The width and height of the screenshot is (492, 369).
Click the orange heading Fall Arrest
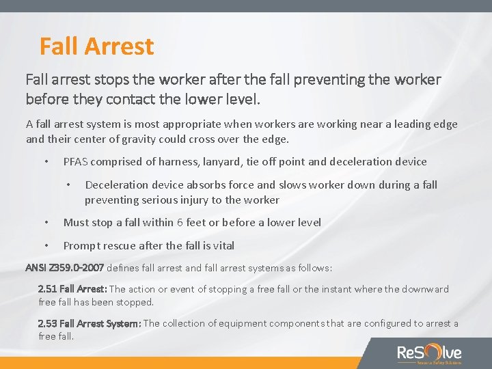click(x=96, y=46)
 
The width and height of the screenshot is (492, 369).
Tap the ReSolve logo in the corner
click(x=429, y=353)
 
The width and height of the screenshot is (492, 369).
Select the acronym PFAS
click(x=77, y=162)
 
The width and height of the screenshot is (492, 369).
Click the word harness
click(x=169, y=162)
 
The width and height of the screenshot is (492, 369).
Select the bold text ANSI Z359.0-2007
click(x=64, y=267)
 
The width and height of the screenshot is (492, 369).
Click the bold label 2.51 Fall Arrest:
click(x=72, y=289)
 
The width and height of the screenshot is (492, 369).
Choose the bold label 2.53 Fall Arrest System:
click(x=90, y=323)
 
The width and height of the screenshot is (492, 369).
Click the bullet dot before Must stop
click(x=46, y=222)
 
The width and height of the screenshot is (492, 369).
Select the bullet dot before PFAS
click(x=46, y=162)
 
